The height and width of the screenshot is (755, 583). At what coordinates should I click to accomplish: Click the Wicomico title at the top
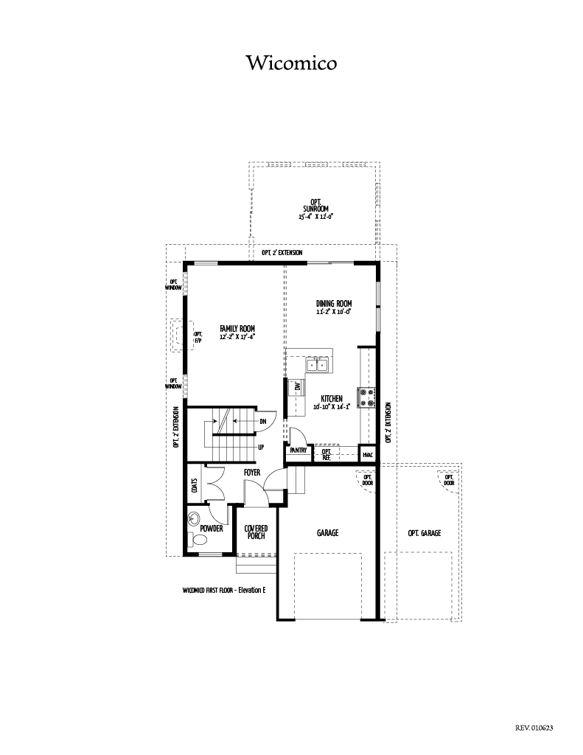pos(292,63)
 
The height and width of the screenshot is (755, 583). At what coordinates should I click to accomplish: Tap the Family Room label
pos(237,329)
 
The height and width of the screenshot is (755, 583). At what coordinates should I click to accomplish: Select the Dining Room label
pos(334,303)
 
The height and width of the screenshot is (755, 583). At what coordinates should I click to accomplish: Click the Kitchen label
pos(332,399)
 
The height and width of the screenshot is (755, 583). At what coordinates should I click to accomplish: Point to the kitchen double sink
pos(316,364)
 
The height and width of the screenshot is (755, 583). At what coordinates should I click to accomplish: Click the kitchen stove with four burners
pos(366,397)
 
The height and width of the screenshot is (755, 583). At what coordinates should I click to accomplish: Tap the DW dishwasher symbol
pos(296,387)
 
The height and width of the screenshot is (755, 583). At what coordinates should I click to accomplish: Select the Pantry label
pos(299,450)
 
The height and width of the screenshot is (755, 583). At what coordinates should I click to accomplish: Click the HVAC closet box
pos(368,454)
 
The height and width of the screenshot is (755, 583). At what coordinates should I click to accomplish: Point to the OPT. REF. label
pos(327,454)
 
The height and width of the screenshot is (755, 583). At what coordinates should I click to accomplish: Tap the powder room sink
pos(194,518)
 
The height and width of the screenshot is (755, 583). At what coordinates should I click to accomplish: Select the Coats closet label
pos(195,486)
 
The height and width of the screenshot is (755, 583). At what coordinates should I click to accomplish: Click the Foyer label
pos(252,473)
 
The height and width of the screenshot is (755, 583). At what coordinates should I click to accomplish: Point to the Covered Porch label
pos(256,532)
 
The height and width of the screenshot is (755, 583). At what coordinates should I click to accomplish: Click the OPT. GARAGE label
pos(424,533)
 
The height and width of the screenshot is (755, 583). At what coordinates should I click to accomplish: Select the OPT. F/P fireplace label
pos(198,337)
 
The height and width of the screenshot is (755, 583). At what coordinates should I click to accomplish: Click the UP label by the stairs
pos(261,448)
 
